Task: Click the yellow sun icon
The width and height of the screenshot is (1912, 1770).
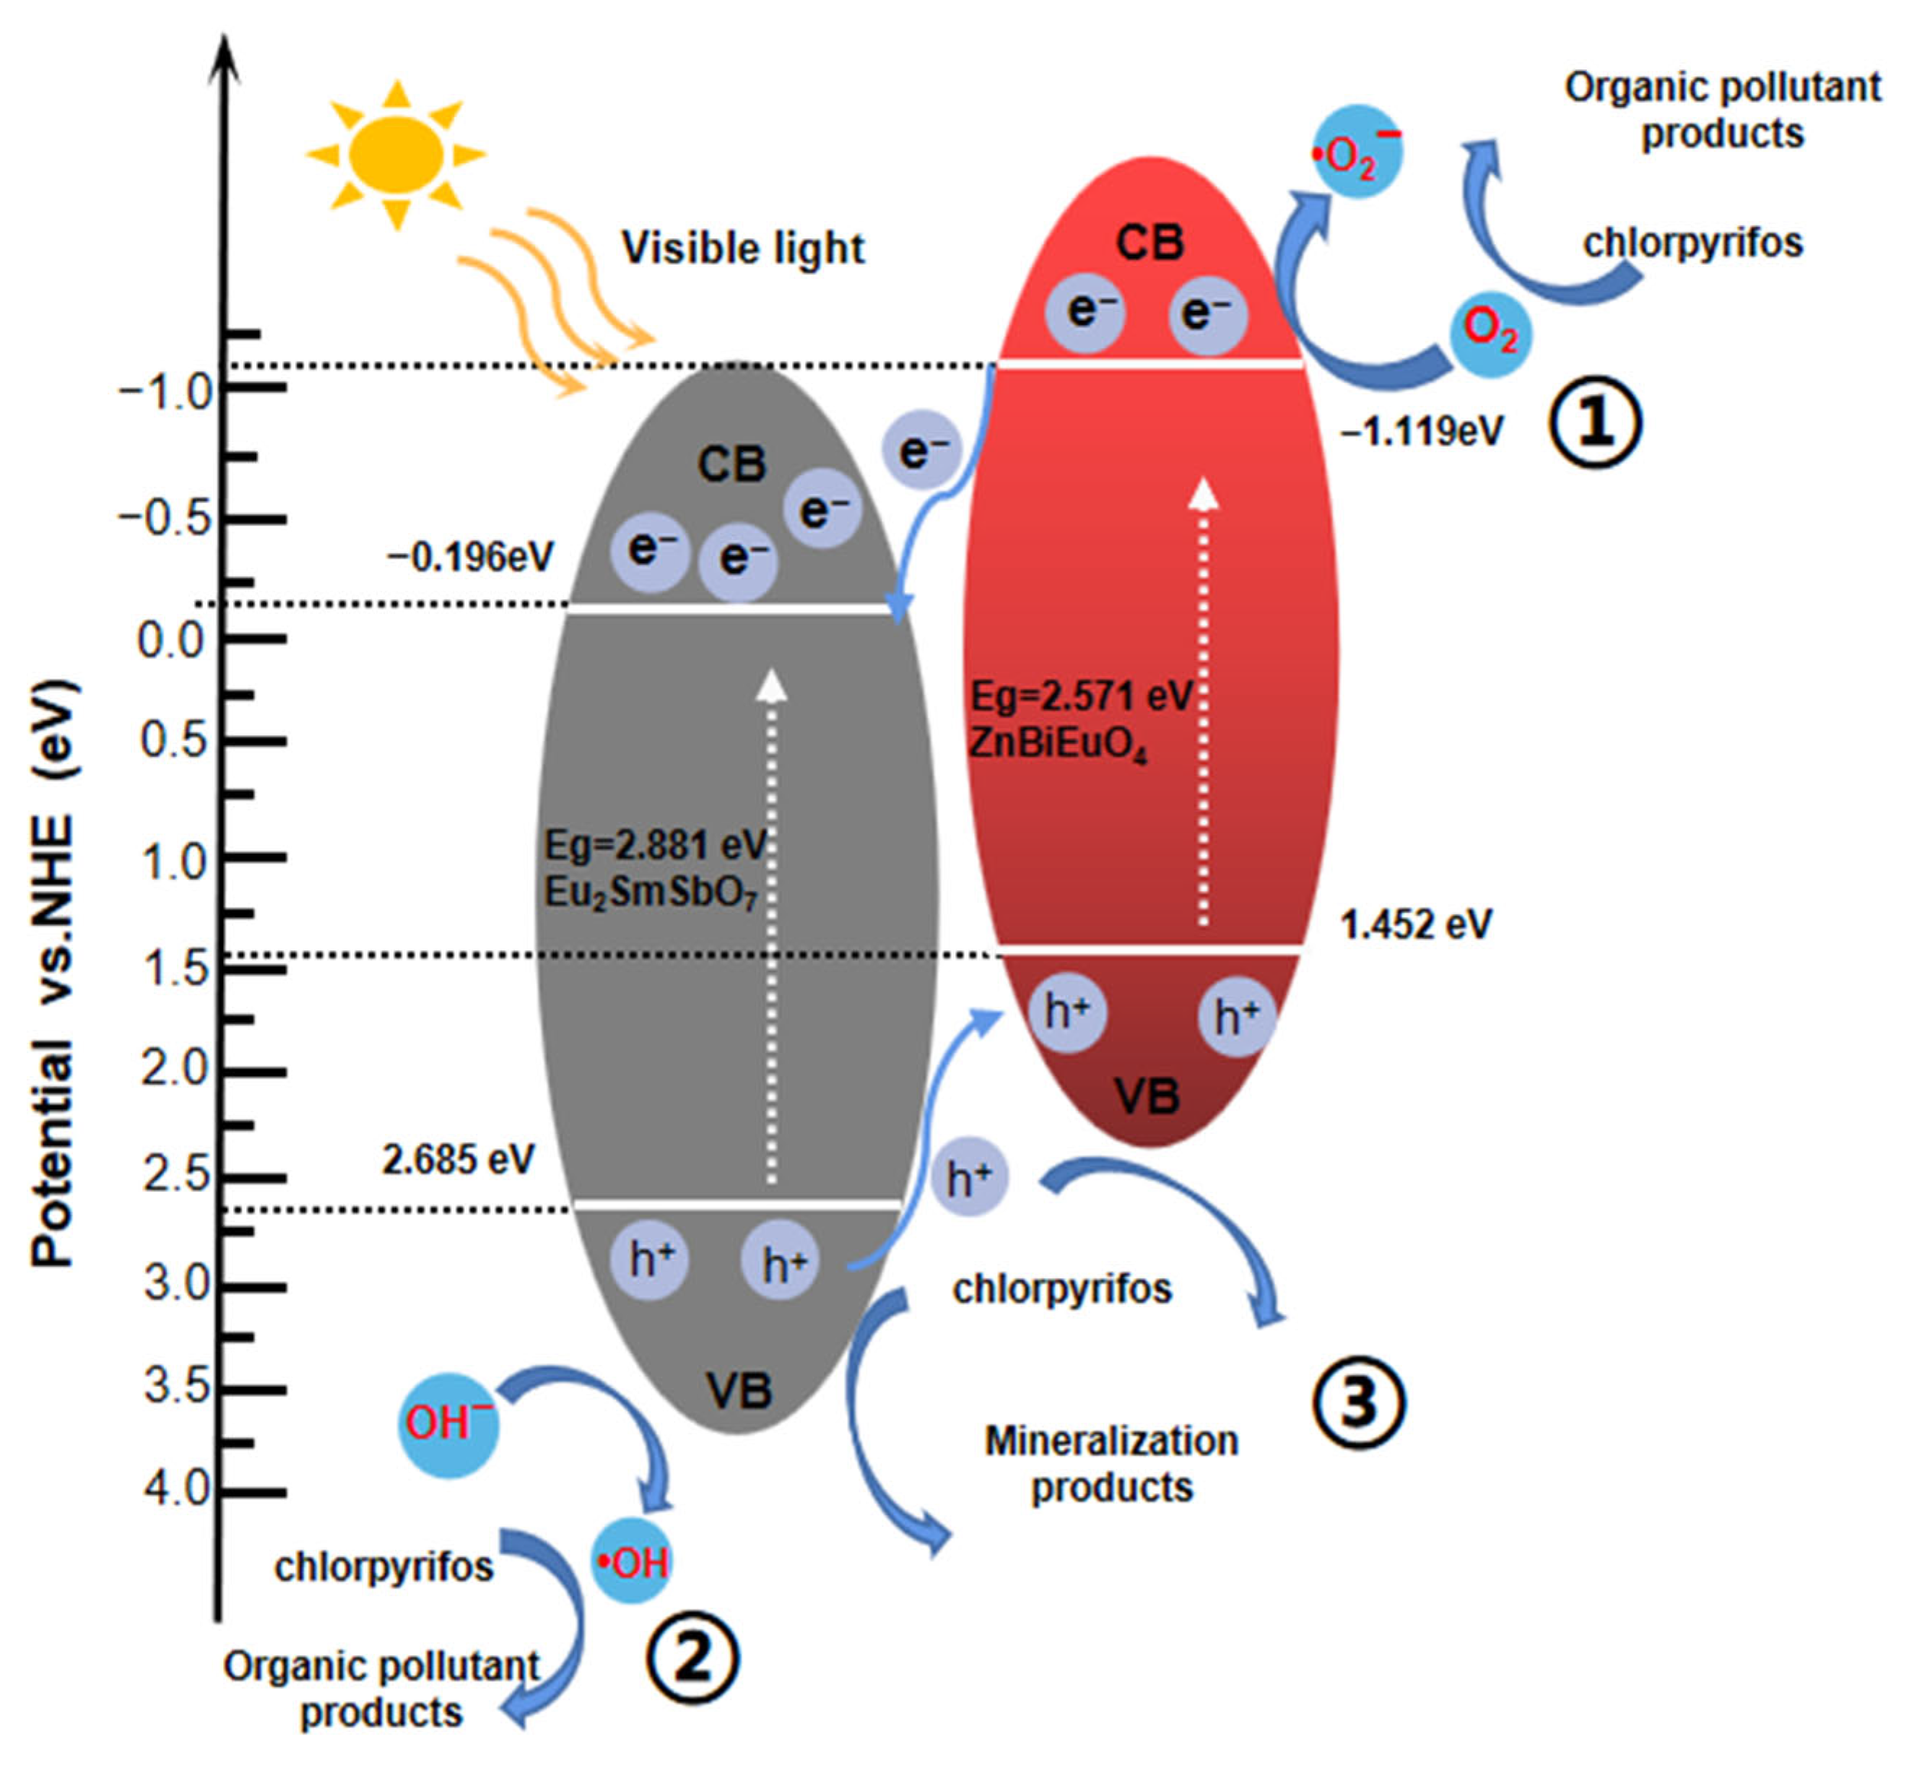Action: coord(396,153)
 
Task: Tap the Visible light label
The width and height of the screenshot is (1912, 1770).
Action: coord(742,248)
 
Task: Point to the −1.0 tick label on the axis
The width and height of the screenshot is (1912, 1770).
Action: coord(165,391)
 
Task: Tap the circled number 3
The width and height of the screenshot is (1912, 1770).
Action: coord(1357,1403)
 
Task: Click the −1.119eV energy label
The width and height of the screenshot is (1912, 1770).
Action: coord(1422,432)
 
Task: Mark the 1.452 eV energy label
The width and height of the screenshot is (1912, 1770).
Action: coord(1415,924)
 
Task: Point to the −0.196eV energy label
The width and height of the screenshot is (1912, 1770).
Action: coord(470,557)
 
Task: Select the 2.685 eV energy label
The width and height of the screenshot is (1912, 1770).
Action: coord(458,1160)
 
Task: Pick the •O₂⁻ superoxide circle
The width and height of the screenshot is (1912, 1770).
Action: coord(1357,152)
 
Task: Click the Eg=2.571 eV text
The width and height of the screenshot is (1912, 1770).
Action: coord(1082,696)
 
